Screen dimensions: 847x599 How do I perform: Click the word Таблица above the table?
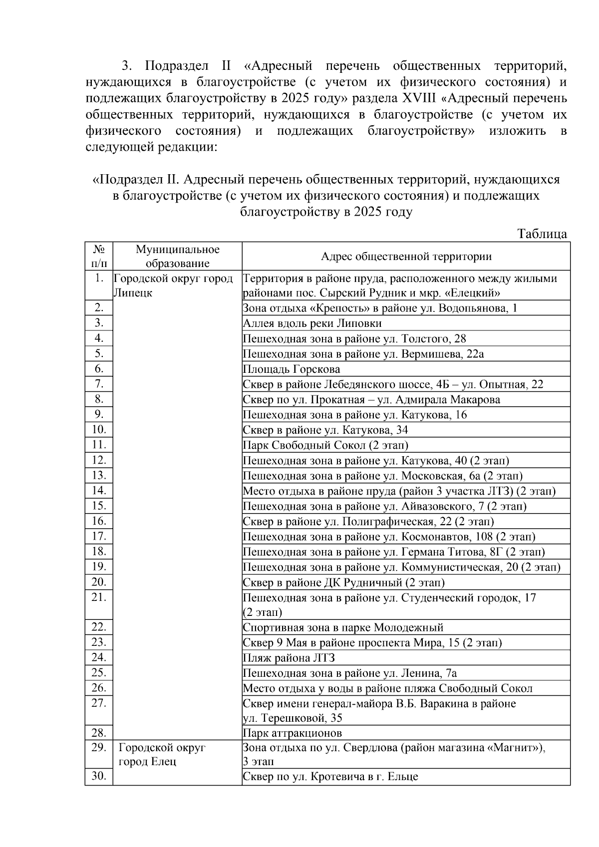point(542,234)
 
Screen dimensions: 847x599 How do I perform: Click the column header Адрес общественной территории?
point(405,257)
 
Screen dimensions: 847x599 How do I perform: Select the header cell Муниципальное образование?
point(177,257)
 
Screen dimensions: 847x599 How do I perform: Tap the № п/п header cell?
point(99,257)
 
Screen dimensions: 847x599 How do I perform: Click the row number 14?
point(99,491)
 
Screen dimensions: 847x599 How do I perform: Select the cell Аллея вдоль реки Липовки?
point(312,323)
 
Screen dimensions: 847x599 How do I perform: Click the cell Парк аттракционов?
point(293,733)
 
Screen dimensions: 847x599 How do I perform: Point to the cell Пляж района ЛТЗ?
point(289,658)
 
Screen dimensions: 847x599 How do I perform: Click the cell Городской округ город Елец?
point(162,755)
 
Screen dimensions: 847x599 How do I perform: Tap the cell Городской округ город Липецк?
point(173,285)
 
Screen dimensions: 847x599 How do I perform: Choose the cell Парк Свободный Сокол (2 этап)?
point(325,445)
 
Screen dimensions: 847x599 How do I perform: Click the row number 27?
point(99,703)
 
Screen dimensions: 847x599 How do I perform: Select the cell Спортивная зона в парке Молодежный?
point(343,627)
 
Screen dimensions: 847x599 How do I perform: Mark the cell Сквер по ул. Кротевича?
point(330,777)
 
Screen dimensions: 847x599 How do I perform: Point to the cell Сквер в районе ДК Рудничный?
point(343,582)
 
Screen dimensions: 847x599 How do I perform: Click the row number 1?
point(99,279)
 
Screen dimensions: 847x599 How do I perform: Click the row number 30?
point(99,777)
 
